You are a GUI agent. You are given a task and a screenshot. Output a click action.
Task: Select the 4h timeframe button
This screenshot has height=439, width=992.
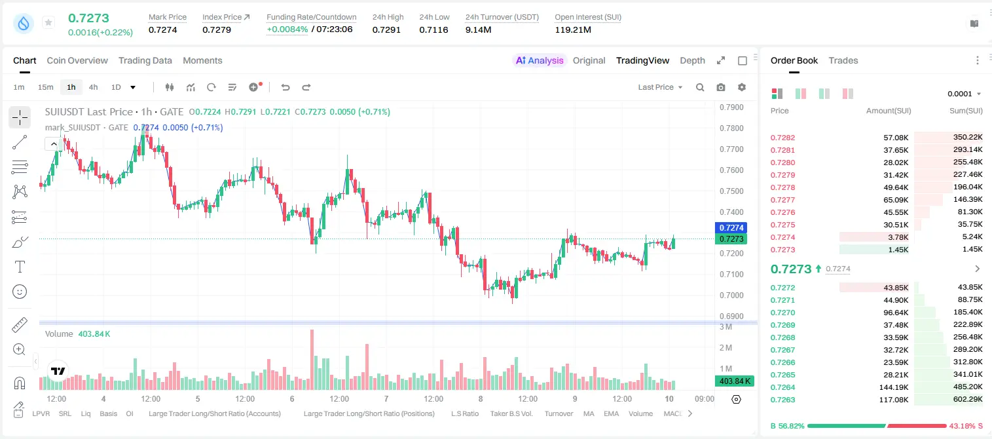click(93, 87)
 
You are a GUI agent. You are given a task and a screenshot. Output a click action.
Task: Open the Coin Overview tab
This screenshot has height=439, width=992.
click(77, 60)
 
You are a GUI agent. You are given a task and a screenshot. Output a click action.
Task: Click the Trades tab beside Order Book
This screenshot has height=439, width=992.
click(843, 60)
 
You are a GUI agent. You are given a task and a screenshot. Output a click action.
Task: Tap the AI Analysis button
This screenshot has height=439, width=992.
click(540, 60)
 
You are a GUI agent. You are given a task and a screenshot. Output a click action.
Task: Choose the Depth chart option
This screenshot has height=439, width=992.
click(692, 60)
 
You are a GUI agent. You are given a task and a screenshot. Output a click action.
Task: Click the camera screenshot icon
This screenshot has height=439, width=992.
click(721, 87)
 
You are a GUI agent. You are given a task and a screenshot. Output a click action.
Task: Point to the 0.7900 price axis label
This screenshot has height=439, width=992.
click(731, 107)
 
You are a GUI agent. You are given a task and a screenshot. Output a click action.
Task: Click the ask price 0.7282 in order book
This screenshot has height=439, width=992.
click(782, 138)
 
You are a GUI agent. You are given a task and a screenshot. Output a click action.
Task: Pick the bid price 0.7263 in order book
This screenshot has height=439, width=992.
click(782, 400)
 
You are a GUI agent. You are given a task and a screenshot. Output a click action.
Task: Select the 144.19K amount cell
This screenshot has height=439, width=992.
click(894, 387)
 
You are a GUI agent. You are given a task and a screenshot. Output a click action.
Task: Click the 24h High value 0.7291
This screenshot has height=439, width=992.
click(386, 29)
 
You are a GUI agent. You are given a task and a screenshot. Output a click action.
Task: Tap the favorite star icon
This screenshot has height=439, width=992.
click(48, 22)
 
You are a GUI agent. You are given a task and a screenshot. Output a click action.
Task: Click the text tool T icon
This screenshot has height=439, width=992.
click(20, 267)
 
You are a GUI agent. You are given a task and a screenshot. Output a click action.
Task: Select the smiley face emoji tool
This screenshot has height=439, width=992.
click(20, 292)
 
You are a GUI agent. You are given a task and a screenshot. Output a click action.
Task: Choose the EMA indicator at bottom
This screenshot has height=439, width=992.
click(611, 413)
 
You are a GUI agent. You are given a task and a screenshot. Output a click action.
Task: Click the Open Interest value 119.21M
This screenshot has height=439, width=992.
click(573, 29)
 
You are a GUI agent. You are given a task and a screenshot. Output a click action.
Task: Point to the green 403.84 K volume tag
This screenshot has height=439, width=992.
click(734, 381)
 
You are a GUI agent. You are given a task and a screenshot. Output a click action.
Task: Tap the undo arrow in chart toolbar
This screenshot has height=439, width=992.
click(285, 87)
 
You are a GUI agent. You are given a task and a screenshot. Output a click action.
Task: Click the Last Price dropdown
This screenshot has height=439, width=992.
click(660, 87)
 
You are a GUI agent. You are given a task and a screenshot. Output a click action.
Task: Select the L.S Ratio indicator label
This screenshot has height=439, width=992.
click(464, 413)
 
